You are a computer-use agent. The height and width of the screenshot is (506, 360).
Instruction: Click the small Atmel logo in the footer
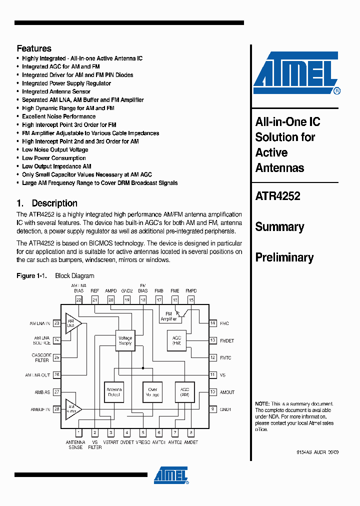coord(171,475)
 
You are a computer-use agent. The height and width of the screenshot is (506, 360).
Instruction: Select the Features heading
coord(34,48)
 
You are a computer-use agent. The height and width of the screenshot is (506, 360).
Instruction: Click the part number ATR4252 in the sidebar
coord(277,196)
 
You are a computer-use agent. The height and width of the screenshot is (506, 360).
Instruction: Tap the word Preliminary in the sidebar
coord(284,257)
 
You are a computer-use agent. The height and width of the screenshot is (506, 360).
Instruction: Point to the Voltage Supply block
coord(125,340)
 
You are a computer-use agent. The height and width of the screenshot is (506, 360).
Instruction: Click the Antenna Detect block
coord(114,392)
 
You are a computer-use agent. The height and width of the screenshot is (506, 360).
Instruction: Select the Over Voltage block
coord(152,392)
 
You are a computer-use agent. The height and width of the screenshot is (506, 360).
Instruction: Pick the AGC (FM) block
coord(176,340)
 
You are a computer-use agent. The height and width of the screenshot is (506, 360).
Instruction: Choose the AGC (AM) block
coord(184,392)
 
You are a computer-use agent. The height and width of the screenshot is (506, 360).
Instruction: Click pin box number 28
coord(56,409)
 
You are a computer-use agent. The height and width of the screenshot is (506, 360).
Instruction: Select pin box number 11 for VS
coord(212,375)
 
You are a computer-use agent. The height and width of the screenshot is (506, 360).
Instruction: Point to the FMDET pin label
coord(227,340)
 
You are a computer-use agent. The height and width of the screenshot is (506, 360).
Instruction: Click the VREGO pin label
coord(142,442)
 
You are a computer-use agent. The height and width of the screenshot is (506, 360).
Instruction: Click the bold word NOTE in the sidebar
coord(262,403)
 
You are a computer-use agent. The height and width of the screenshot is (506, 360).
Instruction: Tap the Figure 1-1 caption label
coord(31,276)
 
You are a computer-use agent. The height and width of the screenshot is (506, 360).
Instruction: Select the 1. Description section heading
coord(47,203)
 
